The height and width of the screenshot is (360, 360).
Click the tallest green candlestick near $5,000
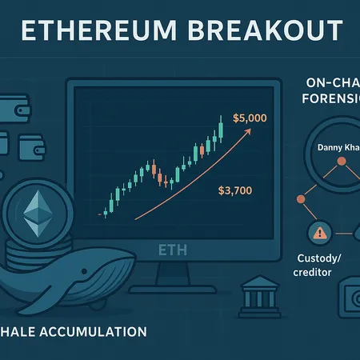(219, 128)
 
